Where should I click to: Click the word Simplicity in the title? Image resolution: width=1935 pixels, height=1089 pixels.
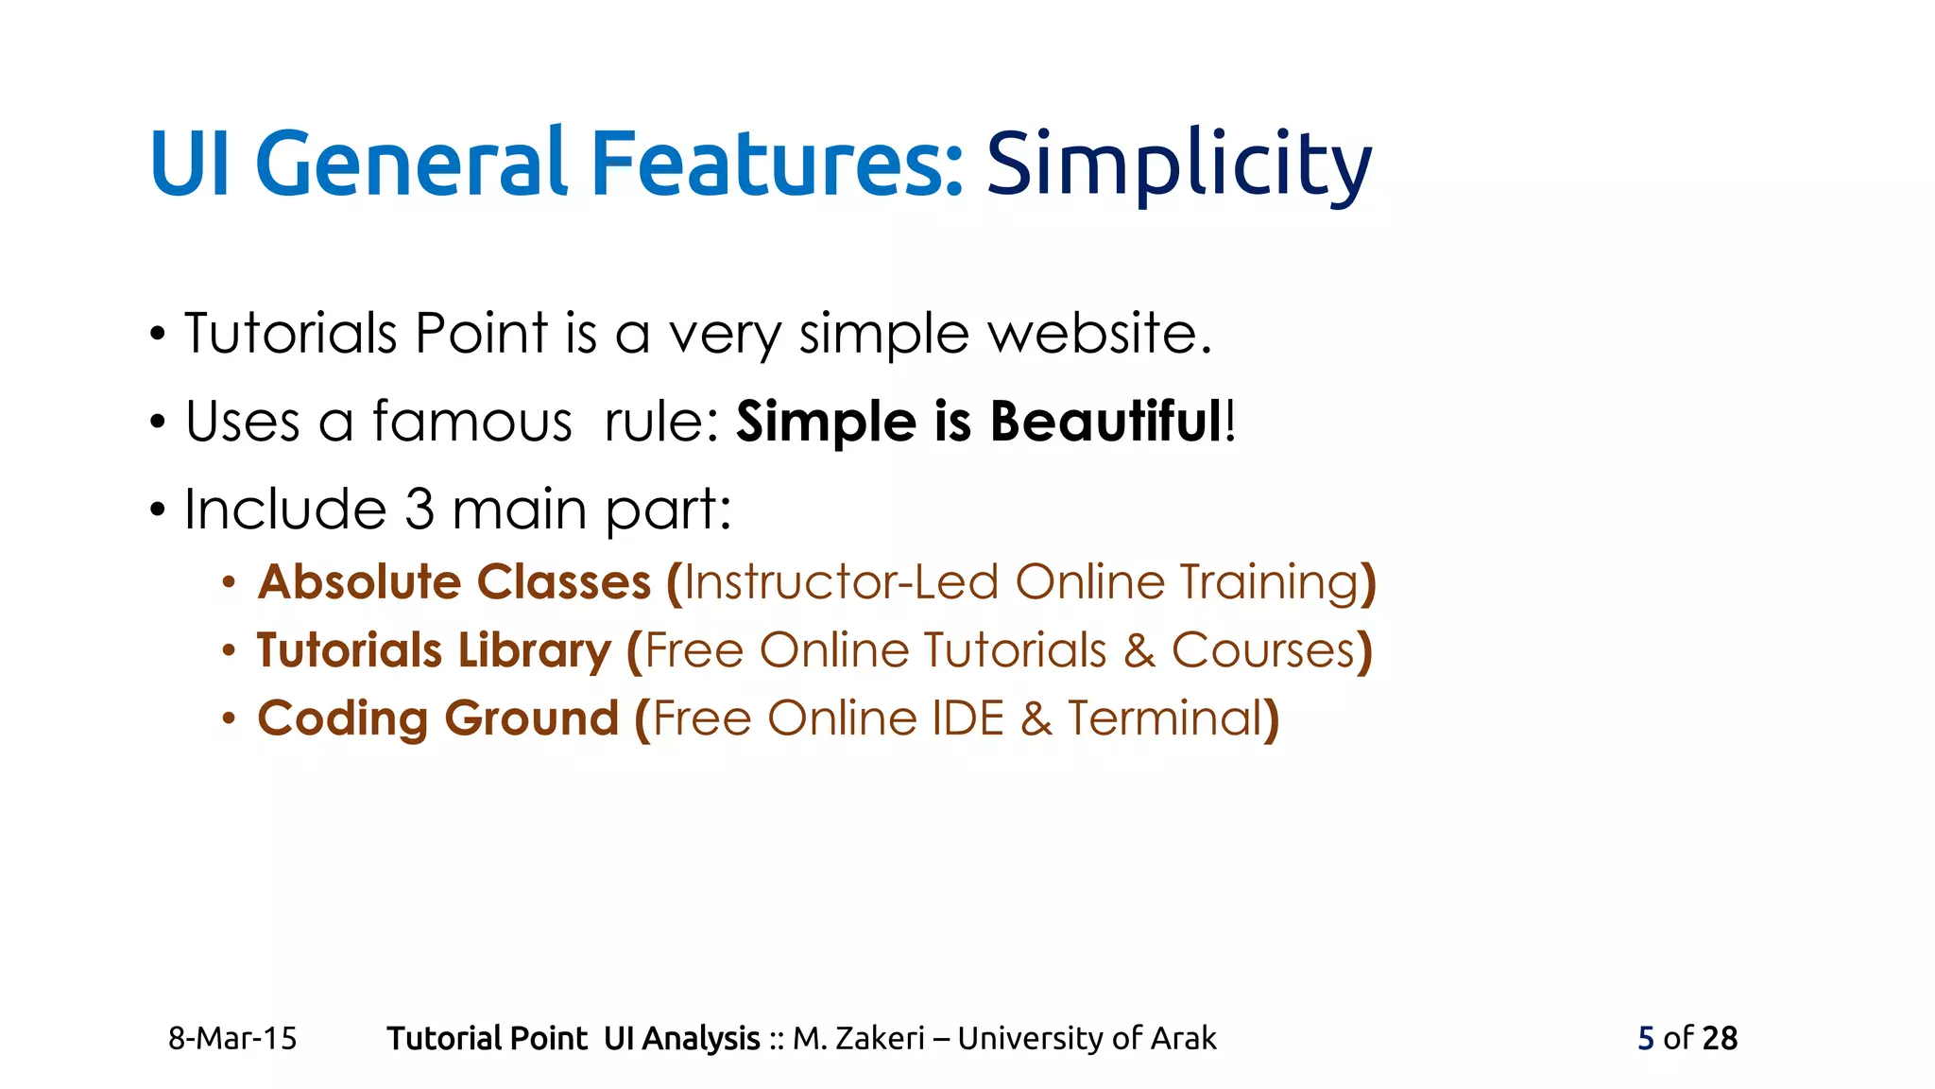click(x=1178, y=164)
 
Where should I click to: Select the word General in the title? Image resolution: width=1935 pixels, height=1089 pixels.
click(x=411, y=164)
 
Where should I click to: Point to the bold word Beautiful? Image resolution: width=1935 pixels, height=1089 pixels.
click(x=1106, y=422)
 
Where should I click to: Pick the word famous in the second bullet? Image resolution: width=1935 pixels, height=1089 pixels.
click(x=472, y=422)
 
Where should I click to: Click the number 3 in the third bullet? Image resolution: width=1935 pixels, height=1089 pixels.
click(x=420, y=510)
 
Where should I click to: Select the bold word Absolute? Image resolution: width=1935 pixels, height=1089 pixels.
click(x=358, y=581)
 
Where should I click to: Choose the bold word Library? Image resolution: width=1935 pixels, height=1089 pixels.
click(x=535, y=650)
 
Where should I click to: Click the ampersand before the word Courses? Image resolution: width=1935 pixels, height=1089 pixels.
click(x=1139, y=651)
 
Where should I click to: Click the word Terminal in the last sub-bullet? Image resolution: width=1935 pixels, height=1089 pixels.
click(x=1165, y=718)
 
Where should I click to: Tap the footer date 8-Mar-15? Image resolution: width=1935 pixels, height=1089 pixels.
click(x=232, y=1038)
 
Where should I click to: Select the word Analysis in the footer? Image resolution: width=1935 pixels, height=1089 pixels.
click(x=701, y=1038)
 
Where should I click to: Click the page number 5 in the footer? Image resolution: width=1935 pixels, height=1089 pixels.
click(x=1646, y=1038)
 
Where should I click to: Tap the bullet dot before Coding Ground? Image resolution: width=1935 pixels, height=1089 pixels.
click(x=229, y=719)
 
